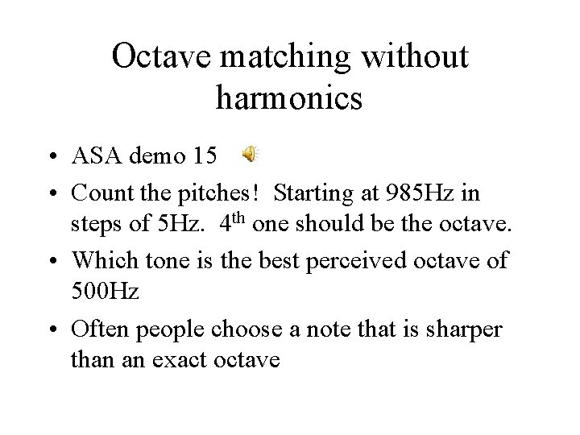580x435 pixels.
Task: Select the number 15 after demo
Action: (205, 155)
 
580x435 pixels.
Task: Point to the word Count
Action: (98, 193)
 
